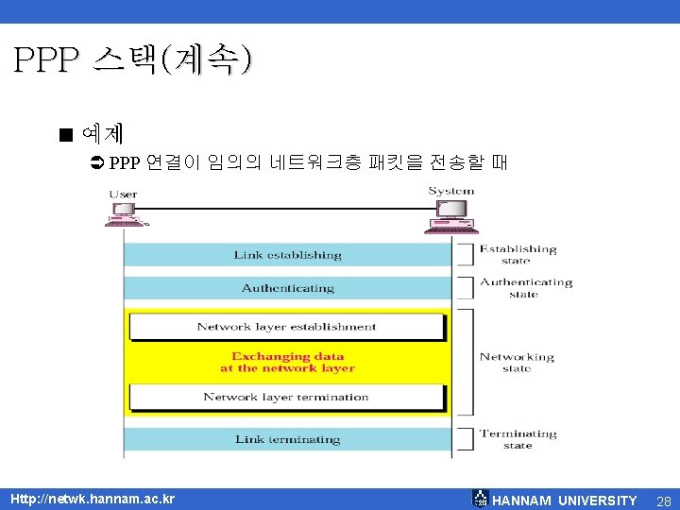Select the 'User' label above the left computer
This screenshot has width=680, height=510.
pos(123,195)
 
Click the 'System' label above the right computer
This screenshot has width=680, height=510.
pos(450,191)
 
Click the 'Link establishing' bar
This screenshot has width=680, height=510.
pos(287,255)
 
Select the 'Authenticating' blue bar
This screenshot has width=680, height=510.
pos(287,288)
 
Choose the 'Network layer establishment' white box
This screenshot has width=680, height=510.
pos(286,327)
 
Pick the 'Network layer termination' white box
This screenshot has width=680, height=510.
pos(286,397)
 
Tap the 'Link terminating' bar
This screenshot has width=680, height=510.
pos(287,439)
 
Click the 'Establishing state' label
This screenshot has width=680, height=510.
pos(518,255)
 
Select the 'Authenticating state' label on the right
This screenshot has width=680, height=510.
pos(525,288)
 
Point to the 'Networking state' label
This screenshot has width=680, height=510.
pos(517,363)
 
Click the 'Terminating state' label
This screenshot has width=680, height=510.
pos(518,439)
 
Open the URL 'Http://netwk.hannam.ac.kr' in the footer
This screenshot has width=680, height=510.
pos(93,499)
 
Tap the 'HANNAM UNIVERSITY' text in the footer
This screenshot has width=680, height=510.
pos(565,501)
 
